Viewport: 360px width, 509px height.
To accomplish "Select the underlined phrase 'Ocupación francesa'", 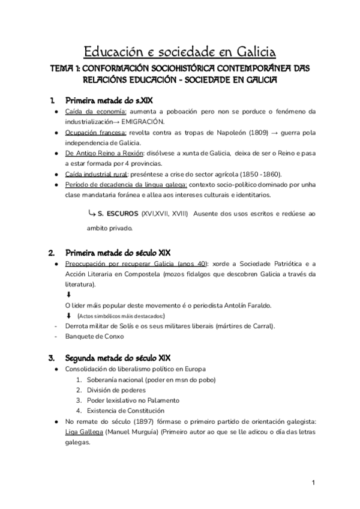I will coord(93,132).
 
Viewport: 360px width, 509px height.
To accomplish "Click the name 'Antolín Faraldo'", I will coord(244,306).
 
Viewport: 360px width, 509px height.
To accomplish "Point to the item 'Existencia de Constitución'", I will coord(124,411).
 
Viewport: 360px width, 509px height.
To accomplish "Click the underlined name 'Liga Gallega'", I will coord(83,432).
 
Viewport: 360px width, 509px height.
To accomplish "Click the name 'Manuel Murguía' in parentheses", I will coord(131,432).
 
